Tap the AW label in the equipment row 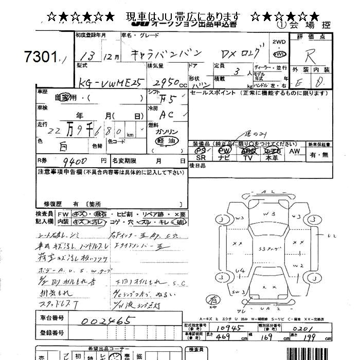[x=294, y=151]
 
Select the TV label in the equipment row [x=248, y=158]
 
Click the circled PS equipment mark [x=201, y=151]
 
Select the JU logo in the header [x=138, y=24]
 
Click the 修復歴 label [x=53, y=204]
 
